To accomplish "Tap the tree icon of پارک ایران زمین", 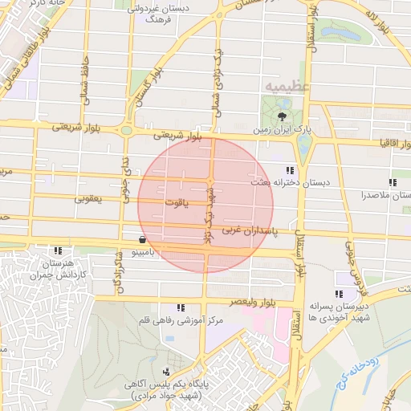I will point(281,116).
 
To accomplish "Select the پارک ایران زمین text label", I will point(281,128).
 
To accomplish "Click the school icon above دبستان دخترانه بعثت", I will point(289,170).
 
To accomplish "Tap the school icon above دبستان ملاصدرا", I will point(393,183).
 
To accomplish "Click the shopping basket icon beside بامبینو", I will point(142,239).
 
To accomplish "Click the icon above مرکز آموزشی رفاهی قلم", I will point(181,307).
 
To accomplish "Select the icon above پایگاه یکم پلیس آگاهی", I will point(165,372).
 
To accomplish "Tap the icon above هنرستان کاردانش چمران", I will point(57,251).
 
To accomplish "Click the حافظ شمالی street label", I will point(84,87).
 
